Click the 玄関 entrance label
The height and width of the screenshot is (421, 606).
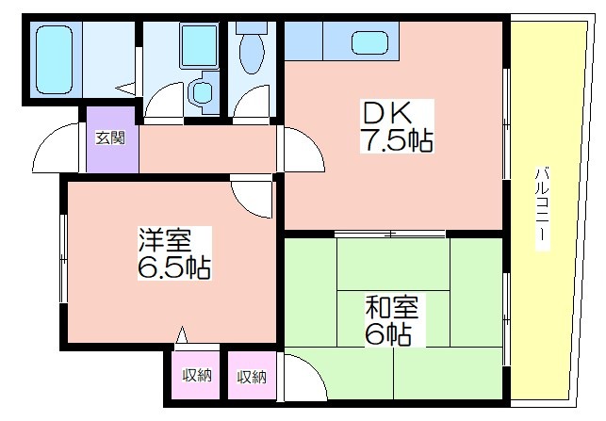click(110, 138)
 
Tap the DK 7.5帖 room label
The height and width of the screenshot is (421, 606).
click(397, 126)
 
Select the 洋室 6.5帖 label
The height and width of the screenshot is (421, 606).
click(174, 253)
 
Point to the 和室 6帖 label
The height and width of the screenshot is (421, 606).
click(391, 320)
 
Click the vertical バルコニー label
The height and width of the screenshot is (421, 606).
click(542, 208)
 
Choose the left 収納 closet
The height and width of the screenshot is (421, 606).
click(197, 375)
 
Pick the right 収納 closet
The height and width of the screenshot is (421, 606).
click(252, 375)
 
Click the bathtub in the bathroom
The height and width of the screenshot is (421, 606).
click(54, 59)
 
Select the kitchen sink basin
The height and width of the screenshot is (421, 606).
click(369, 42)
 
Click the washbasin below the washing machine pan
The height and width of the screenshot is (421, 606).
click(202, 91)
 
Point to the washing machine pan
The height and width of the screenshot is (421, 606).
click(199, 45)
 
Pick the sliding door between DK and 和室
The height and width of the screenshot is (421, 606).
click(390, 234)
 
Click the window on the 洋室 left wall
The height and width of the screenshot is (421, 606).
click(64, 258)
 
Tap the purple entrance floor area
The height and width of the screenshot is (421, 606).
click(111, 139)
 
